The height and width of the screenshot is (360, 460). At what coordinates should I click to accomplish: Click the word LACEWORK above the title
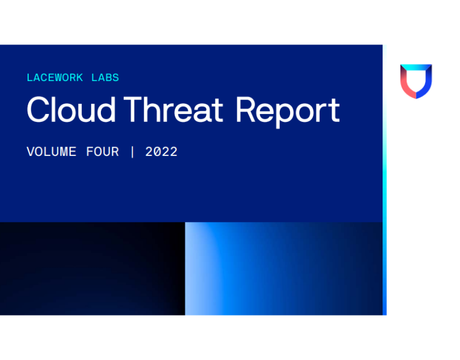point(55,78)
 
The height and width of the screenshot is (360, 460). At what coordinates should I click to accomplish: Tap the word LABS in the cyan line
point(105,78)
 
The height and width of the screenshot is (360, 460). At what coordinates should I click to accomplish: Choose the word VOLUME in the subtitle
point(51,152)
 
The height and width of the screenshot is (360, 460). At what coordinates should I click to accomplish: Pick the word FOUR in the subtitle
point(102,152)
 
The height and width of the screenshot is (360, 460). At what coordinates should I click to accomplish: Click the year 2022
point(162,152)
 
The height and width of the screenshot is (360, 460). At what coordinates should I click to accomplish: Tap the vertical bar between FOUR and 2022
point(132,152)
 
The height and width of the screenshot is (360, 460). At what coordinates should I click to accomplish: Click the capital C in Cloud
point(37,111)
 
